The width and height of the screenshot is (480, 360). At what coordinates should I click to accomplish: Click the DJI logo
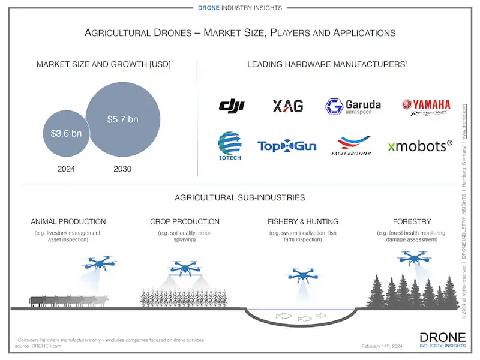click(x=232, y=106)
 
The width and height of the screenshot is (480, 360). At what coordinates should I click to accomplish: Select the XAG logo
click(x=288, y=106)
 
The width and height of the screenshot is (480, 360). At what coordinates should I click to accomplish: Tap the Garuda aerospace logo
click(x=353, y=107)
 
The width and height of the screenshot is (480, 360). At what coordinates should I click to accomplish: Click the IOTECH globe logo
click(x=229, y=145)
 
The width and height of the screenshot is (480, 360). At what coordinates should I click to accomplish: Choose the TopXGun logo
click(x=287, y=146)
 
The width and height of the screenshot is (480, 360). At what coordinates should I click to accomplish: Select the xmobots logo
click(x=419, y=146)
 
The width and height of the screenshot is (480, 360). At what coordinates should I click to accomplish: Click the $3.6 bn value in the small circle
click(x=66, y=133)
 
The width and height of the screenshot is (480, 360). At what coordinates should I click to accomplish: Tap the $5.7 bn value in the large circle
click(x=122, y=119)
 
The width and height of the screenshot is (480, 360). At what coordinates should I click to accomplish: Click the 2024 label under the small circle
click(x=66, y=169)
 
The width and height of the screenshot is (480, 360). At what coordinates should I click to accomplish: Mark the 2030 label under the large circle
click(x=122, y=169)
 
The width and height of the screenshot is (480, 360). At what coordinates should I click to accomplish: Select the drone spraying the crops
click(x=185, y=267)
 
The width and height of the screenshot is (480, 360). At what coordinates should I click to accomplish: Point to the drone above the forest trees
click(x=414, y=257)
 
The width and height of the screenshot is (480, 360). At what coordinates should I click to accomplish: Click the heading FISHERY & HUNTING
click(x=303, y=221)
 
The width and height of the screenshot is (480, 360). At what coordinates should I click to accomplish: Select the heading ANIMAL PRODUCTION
click(x=68, y=221)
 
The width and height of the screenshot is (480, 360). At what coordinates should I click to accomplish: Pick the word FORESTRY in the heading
click(x=412, y=221)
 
